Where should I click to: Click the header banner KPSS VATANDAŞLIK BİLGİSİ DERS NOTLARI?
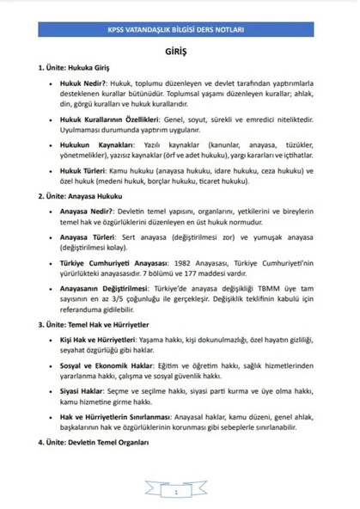(x=180, y=30)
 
